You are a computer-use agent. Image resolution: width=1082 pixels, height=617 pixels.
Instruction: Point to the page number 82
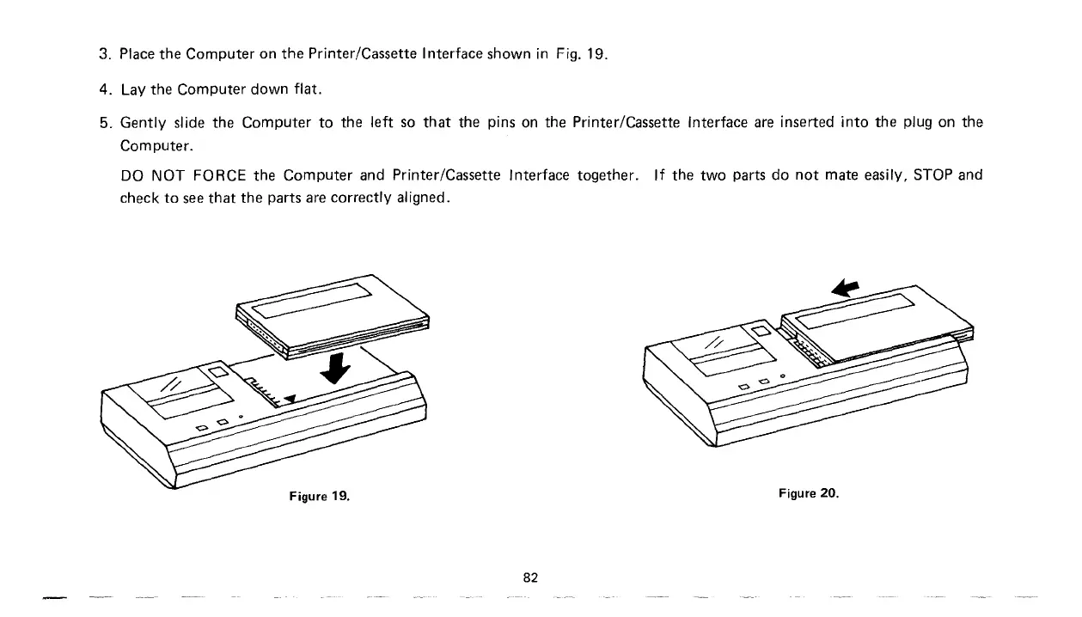pyautogui.click(x=530, y=577)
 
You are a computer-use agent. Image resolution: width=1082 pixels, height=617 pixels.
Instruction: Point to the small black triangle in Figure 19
pyautogui.click(x=290, y=398)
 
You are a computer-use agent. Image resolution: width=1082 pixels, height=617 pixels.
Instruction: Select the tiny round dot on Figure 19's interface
pyautogui.click(x=241, y=416)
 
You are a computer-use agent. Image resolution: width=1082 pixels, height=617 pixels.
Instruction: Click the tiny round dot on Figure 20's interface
pyautogui.click(x=783, y=375)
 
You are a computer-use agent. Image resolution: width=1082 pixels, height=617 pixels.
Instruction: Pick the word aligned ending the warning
pyautogui.click(x=420, y=198)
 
